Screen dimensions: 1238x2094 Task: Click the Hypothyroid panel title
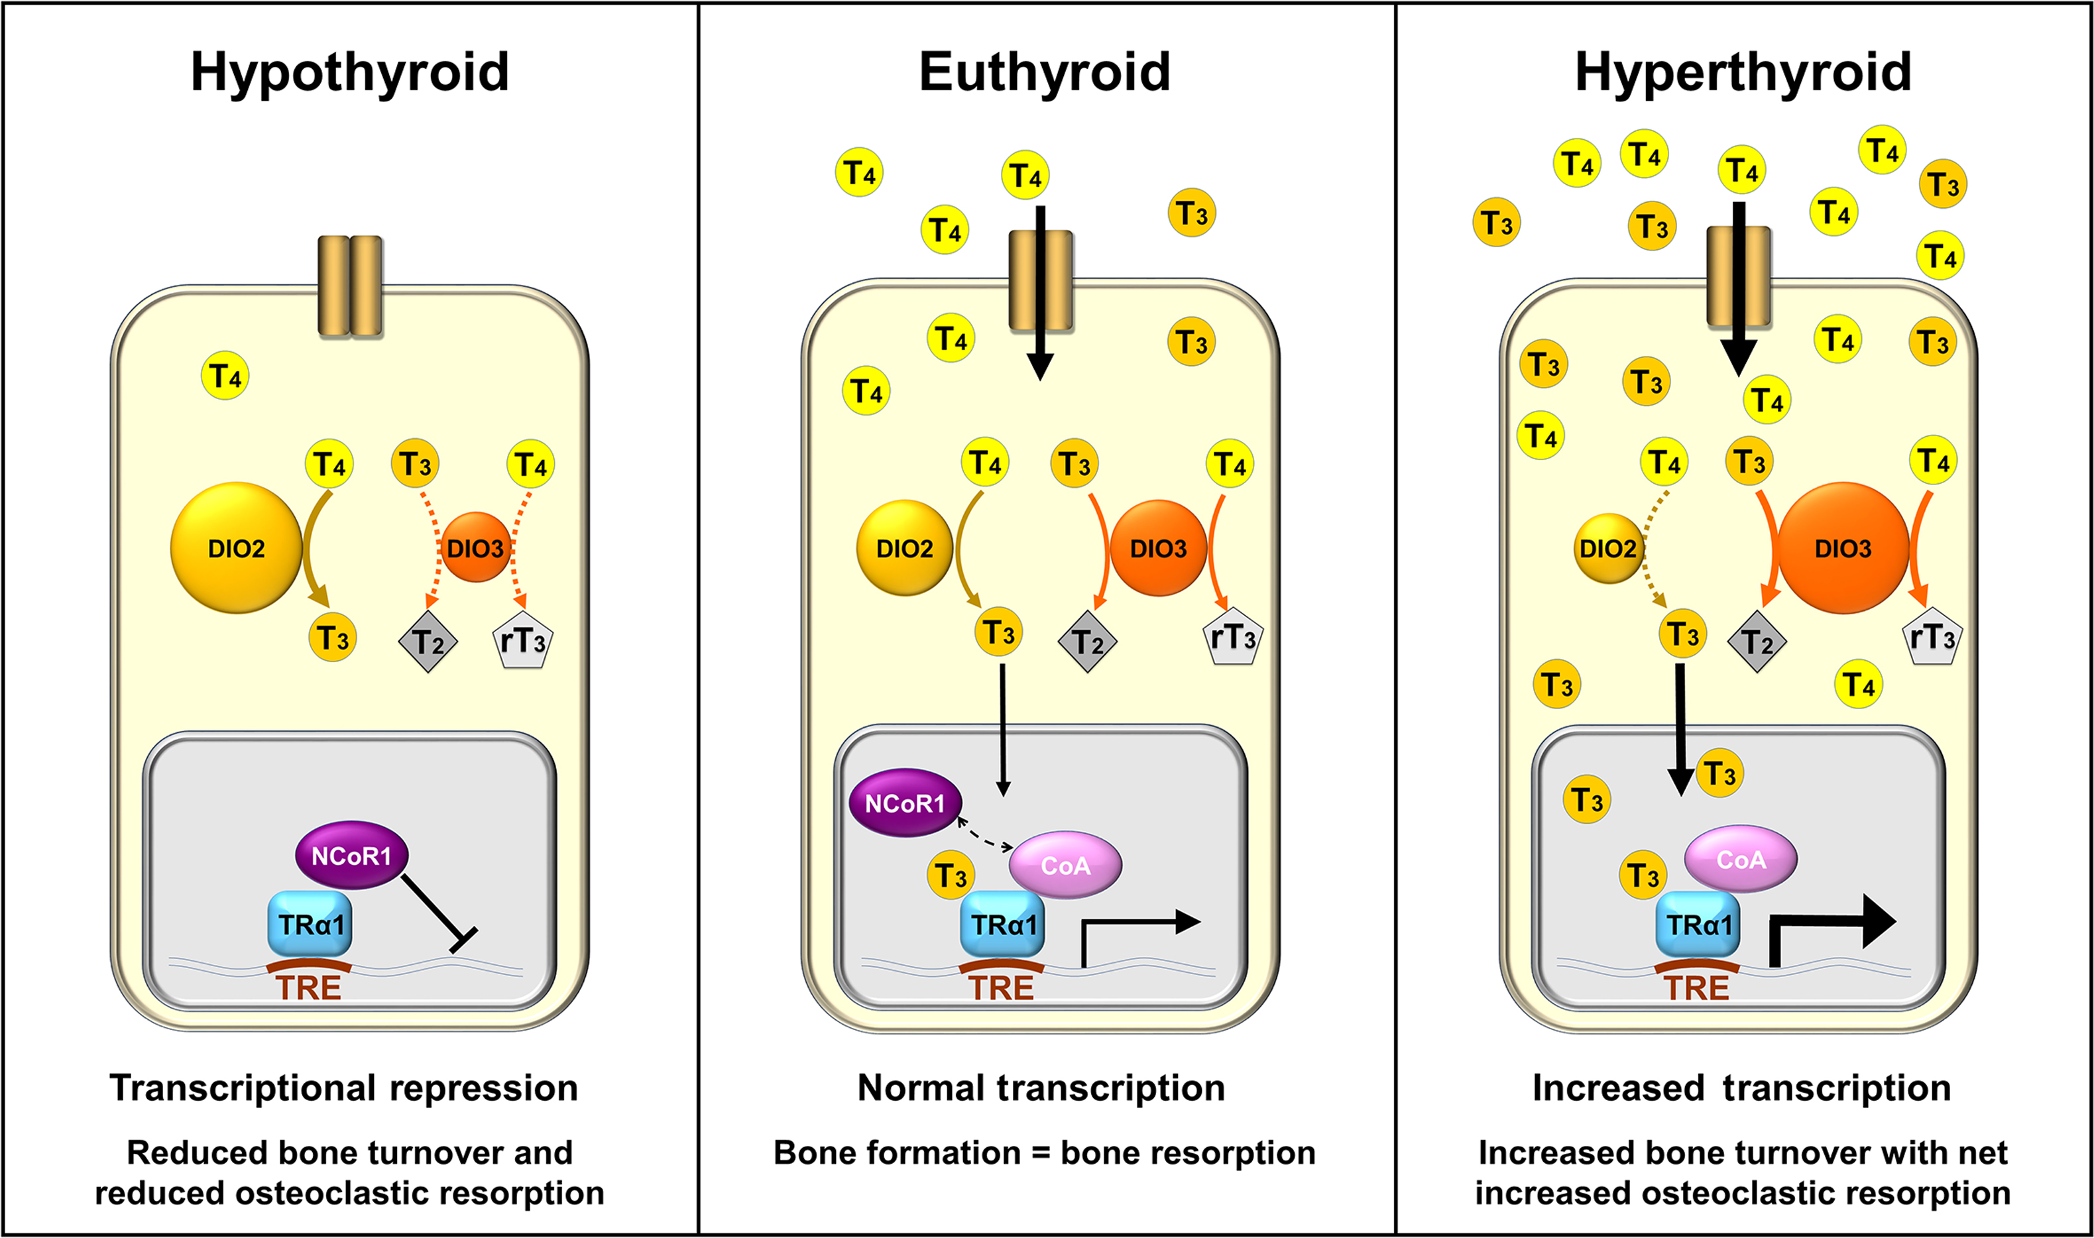click(x=349, y=73)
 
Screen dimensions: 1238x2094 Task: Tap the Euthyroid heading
click(x=1045, y=73)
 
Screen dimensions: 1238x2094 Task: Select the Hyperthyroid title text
click(x=1743, y=73)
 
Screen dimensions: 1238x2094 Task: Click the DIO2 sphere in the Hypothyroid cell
click(x=236, y=548)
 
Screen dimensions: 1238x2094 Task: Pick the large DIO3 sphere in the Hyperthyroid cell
click(x=1843, y=548)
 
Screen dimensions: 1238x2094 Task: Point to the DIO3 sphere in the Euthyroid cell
click(x=1158, y=548)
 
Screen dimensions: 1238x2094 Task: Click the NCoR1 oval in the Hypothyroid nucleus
click(x=351, y=855)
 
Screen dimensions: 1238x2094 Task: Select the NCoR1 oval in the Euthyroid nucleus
click(x=904, y=803)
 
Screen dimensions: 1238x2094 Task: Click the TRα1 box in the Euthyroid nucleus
click(x=1002, y=925)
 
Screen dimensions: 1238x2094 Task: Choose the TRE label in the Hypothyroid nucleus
click(x=309, y=987)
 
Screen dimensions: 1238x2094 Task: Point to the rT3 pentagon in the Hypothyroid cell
click(x=523, y=641)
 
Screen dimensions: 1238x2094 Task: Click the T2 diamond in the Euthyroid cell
click(x=1087, y=641)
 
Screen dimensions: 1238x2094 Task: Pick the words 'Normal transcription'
click(x=1041, y=1088)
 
